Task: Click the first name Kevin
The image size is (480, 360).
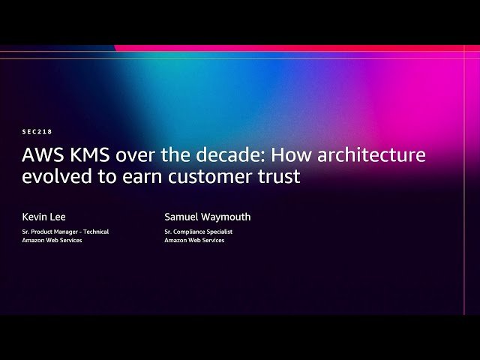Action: click(x=34, y=217)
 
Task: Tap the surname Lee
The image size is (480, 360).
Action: click(x=58, y=217)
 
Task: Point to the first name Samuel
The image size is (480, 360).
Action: click(x=183, y=217)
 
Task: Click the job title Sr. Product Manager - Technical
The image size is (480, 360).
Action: click(x=65, y=232)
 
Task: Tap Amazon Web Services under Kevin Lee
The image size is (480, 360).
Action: click(x=52, y=240)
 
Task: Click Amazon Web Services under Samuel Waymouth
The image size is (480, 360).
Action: click(x=194, y=240)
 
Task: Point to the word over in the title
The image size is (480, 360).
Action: click(x=128, y=156)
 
